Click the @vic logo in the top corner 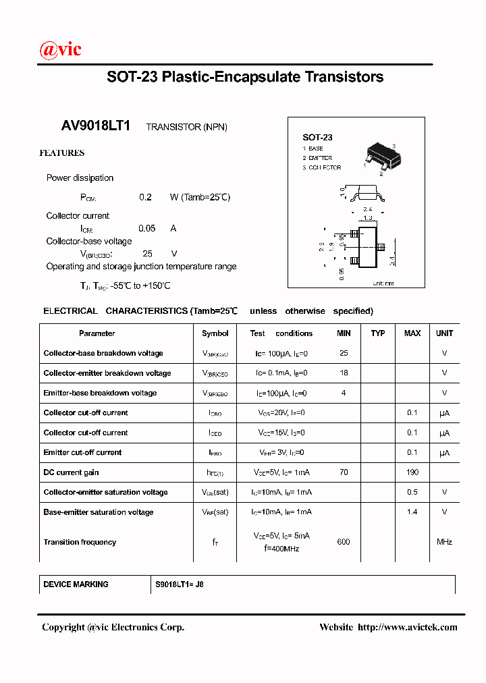61,49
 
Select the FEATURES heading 62,153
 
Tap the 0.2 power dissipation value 145,197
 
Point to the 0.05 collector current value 146,228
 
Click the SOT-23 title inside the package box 317,137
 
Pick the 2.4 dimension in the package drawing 368,210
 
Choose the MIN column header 344,333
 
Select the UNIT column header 444,333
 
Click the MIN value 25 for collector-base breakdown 344,353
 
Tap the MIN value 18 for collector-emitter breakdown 344,373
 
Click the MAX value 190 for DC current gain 412,472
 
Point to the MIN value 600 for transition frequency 344,542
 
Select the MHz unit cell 444,542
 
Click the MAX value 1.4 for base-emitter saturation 412,512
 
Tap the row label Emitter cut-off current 82,452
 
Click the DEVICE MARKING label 76,584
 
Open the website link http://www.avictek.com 407,627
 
